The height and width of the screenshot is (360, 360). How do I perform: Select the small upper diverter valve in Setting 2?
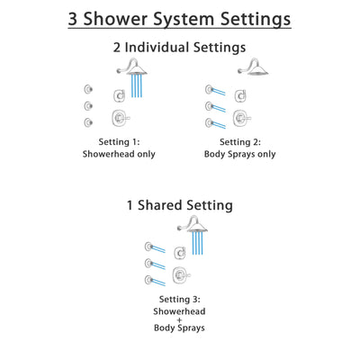239,96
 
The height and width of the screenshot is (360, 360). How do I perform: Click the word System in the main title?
190,17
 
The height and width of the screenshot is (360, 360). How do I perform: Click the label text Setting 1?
128,141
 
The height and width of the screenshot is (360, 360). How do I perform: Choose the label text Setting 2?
233,141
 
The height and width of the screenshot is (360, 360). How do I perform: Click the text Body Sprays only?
233,154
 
